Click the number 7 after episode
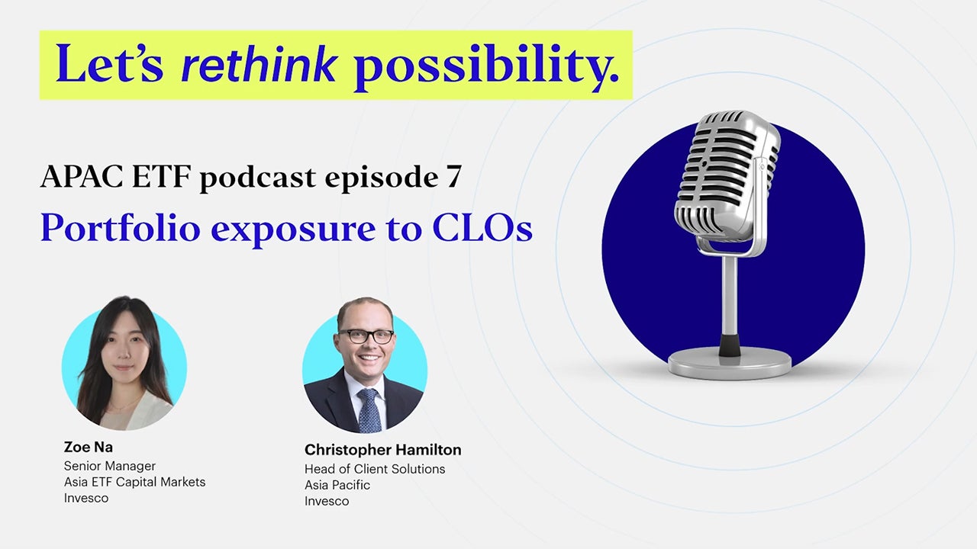453,177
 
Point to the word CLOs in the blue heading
482,227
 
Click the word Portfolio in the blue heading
121,227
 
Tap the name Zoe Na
88,447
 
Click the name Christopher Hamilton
383,450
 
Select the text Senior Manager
109,466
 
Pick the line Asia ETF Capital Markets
134,482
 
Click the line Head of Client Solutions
375,469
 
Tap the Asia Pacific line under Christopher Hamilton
337,485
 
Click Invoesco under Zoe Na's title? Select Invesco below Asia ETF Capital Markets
86,498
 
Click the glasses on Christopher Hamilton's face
366,336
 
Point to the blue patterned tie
369,410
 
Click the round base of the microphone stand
730,362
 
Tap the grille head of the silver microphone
726,175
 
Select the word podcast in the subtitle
258,178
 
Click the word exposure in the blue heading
293,230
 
